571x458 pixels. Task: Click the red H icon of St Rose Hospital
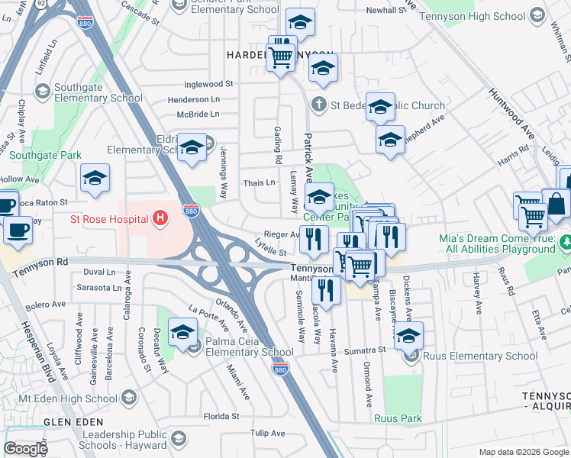[x=160, y=219]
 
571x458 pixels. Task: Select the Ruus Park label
[x=398, y=418]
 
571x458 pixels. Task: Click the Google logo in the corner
[x=25, y=449]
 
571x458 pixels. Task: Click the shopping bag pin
[x=556, y=205]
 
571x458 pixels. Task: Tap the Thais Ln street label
[x=259, y=183]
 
